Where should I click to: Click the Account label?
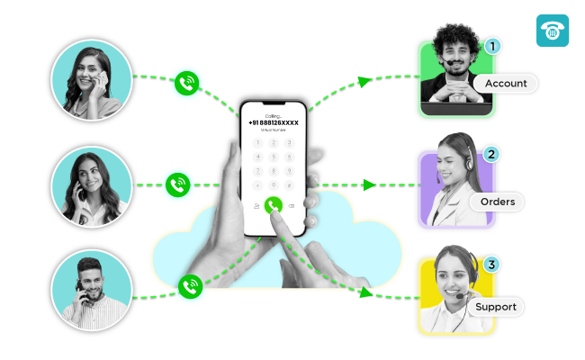506,84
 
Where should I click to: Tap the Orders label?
498,202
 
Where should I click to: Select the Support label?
496,307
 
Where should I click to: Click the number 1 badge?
491,45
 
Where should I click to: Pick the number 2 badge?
491,155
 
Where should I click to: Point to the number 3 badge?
490,265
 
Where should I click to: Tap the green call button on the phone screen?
274,205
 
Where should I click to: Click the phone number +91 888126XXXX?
273,122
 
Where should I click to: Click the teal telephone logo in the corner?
553,30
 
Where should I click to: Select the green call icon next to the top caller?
186,84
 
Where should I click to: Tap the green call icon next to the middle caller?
177,185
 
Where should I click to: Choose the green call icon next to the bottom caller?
190,286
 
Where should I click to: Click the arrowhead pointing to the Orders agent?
369,185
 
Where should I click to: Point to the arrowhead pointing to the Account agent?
364,81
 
